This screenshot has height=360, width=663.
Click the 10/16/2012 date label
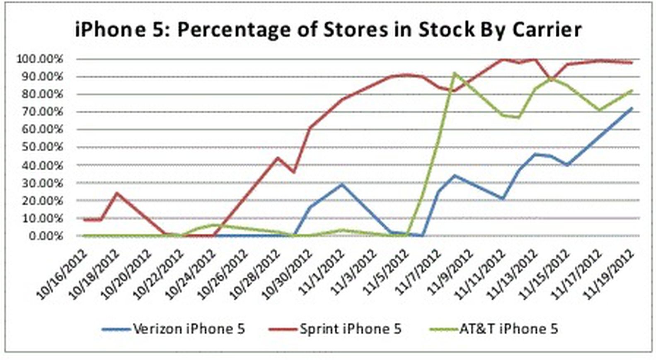point(62,273)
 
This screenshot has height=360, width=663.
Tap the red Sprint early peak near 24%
point(117,193)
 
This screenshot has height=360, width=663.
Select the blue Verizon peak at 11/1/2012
point(342,184)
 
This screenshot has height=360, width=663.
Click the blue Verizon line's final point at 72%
point(632,108)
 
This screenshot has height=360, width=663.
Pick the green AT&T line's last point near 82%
point(632,90)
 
